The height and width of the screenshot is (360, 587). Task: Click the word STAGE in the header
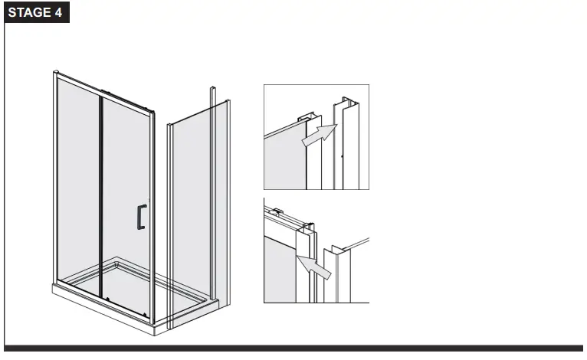pos(29,13)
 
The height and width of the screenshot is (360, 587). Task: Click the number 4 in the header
pos(58,13)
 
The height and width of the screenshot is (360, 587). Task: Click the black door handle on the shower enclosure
pos(139,217)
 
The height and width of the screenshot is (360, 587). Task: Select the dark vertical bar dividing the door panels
pos(100,191)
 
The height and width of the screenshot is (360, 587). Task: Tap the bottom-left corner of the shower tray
pos(53,290)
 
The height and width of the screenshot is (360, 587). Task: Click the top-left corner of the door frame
pos(55,74)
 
